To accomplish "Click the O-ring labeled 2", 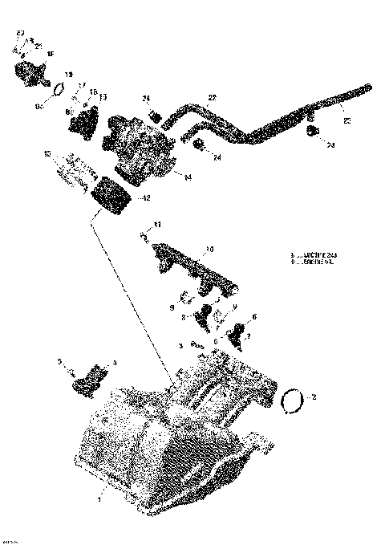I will pos(294,398).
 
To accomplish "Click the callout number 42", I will pos(144,197).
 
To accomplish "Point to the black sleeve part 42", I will pos(113,197).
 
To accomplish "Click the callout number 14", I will pos(188,177).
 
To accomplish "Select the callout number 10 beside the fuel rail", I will pos(209,250).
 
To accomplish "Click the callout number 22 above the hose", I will pos(212,97).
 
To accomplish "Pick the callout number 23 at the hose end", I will pos(346,121).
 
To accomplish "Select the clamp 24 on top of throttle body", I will pos(154,115).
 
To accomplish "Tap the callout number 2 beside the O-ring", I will pos(314,397).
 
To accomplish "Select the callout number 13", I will pos(103,97).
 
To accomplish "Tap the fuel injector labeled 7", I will pos(239,338).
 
